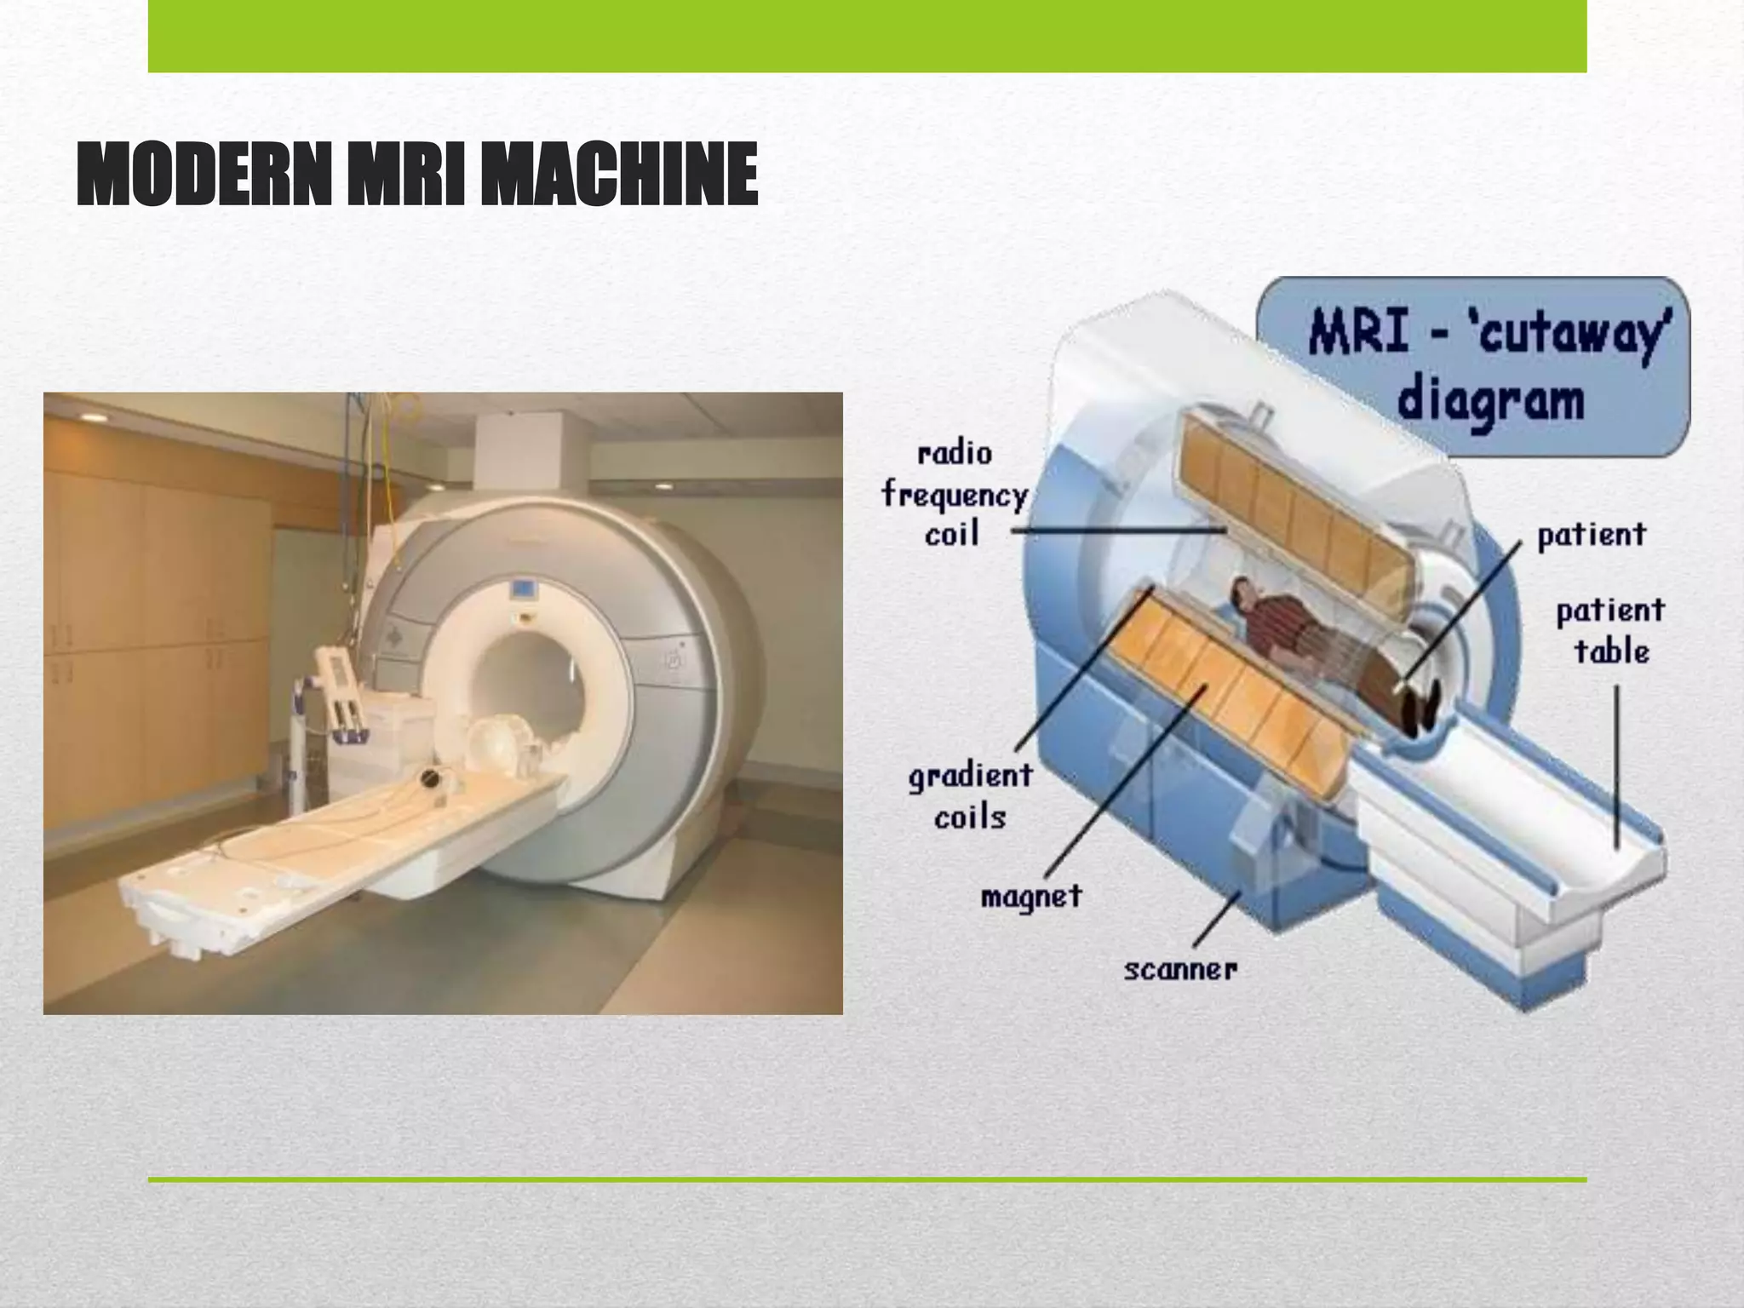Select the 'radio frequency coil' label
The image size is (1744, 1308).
[954, 494]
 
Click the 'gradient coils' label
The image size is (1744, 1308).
[970, 796]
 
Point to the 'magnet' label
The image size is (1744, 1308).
[1030, 897]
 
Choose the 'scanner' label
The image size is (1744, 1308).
[1180, 969]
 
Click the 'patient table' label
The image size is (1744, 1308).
[1609, 631]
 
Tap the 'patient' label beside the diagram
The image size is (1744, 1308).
[1591, 536]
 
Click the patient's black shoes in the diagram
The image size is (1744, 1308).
[1420, 711]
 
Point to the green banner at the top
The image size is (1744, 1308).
[867, 36]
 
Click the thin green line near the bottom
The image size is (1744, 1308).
[867, 1179]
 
